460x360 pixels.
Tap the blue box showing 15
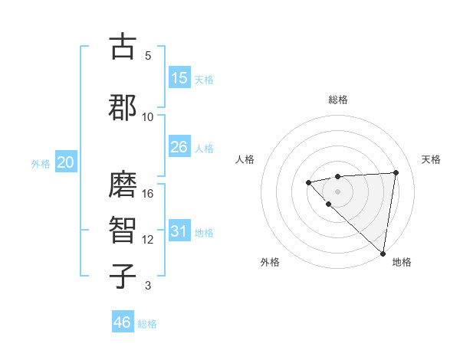179,78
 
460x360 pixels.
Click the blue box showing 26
179,147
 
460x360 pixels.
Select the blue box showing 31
179,232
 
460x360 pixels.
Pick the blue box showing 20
66,162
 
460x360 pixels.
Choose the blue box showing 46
123,322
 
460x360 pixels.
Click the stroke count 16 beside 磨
148,194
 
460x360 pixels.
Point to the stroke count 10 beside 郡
148,116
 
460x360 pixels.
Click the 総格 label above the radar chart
338,100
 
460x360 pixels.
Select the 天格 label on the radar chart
431,159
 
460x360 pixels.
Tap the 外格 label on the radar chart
270,262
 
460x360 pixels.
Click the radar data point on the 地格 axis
383,254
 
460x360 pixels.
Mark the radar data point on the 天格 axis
396,172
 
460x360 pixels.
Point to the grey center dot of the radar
337,191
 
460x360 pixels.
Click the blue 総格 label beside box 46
147,324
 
